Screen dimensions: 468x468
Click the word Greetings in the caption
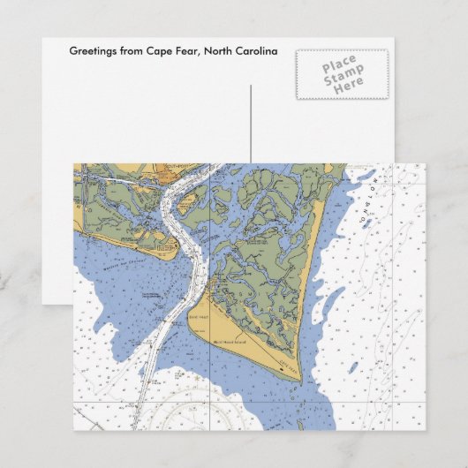93,51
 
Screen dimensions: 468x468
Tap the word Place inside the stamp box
338,64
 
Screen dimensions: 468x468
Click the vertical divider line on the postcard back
251,124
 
